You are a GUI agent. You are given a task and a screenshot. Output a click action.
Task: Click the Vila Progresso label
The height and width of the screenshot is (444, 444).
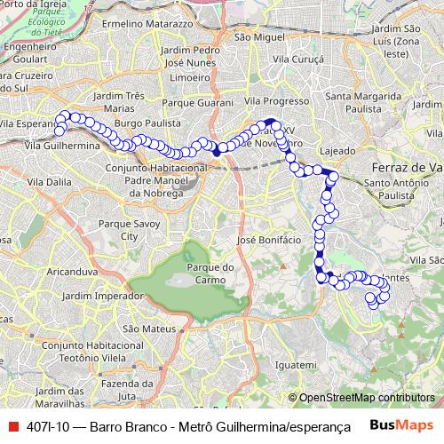coord(275,101)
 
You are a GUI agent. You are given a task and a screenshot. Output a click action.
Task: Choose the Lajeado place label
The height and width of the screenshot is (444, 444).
coord(336,151)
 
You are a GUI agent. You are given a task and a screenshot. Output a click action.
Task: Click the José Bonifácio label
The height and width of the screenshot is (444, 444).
coord(265,241)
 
